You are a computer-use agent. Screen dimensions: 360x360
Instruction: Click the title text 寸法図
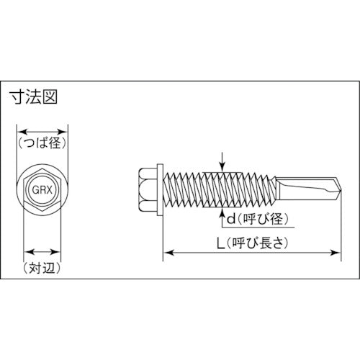pos(33,97)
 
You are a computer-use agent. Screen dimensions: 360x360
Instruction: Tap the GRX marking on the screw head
pos(42,190)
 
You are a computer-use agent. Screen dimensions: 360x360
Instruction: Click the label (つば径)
pos(42,143)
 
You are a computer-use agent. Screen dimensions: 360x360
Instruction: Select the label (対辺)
pos(42,268)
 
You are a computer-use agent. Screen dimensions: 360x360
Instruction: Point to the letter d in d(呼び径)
pos(231,219)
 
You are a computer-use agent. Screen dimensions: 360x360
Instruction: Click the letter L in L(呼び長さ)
pos(221,243)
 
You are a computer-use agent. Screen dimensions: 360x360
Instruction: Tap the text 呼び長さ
pos(257,243)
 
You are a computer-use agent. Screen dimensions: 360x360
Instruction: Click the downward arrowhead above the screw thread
pos(223,167)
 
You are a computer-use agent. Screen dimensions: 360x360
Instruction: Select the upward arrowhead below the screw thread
pos(223,212)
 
